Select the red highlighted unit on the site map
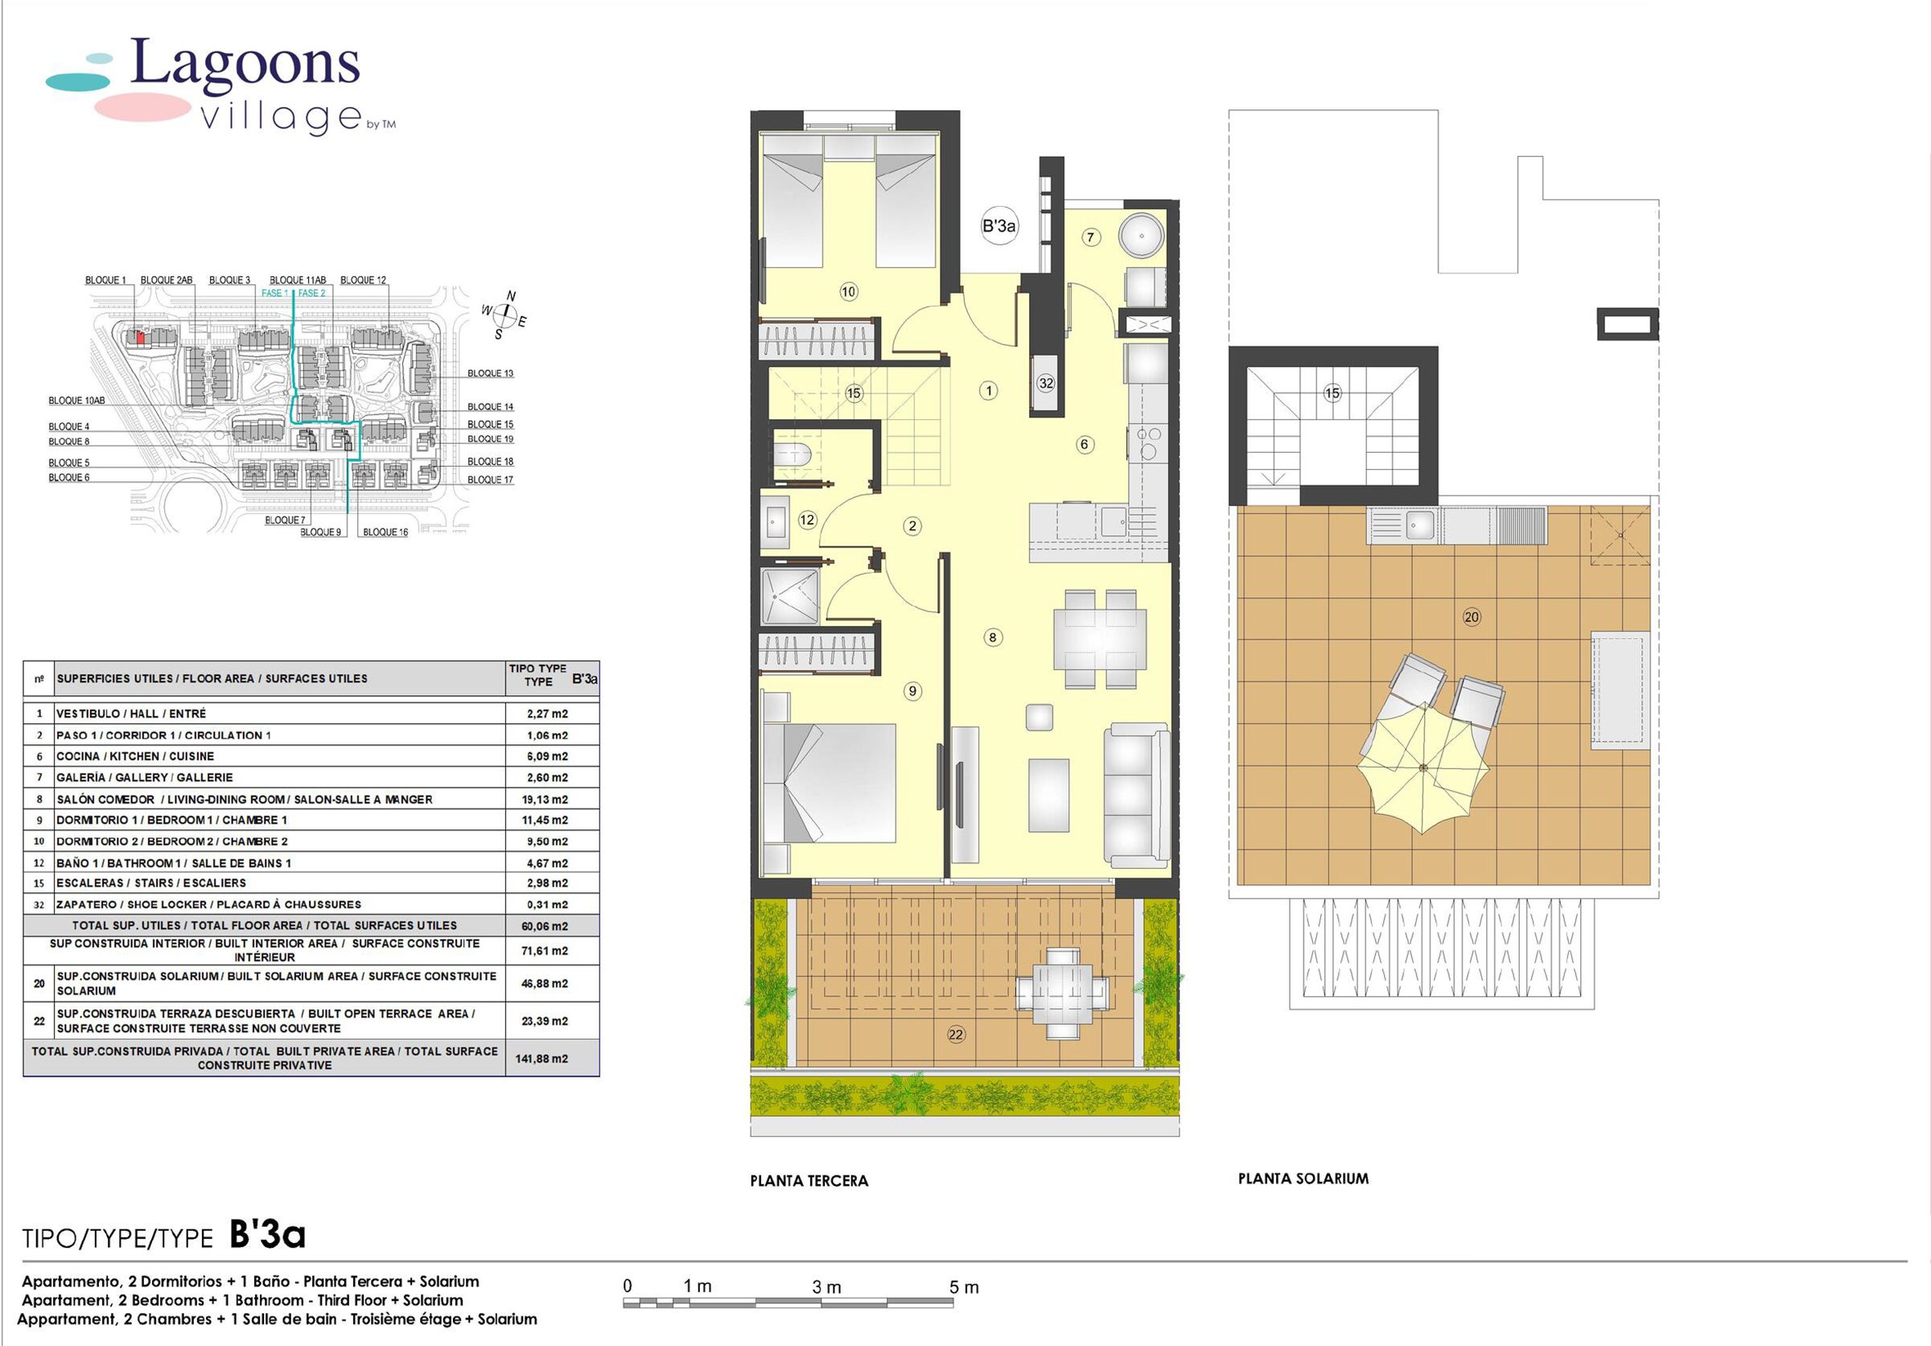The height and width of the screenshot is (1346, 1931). coord(141,337)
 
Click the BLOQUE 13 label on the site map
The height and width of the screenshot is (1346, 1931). coord(490,373)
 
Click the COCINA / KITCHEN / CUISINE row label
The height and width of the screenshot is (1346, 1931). coord(135,755)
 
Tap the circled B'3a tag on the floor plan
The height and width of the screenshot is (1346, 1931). coord(999,225)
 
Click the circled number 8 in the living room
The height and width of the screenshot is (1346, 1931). coord(992,637)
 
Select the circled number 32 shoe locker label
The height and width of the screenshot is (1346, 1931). coord(1045,384)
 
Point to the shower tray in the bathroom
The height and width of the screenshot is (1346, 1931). coord(790,596)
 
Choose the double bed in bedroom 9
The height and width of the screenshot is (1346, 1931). coord(829,783)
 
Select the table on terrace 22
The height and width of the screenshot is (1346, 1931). coord(1057,994)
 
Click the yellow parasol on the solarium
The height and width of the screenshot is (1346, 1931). coord(1423,768)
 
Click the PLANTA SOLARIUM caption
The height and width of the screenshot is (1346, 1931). coord(1303,1179)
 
